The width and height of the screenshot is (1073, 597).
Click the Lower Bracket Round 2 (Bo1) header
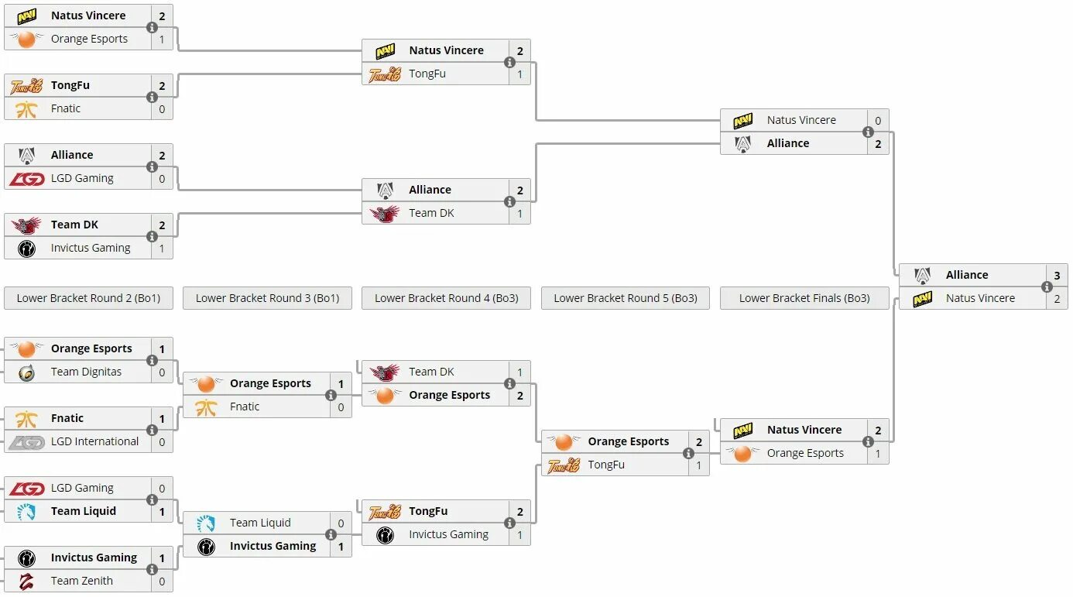88,298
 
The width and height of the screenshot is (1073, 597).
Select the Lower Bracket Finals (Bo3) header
804,298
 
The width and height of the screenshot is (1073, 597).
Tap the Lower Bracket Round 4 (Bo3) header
446,298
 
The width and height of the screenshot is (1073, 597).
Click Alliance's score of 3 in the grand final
1057,275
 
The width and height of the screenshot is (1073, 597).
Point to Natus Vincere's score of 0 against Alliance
878,120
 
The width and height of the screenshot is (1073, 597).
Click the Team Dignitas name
86,372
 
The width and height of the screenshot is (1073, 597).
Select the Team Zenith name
81,581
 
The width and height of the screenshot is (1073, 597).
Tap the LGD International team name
94,441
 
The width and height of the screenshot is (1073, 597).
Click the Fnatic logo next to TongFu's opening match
26,108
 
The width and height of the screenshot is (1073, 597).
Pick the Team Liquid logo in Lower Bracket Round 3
206,523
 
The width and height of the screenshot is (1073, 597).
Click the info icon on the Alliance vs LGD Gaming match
152,166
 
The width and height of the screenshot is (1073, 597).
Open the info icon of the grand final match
1047,286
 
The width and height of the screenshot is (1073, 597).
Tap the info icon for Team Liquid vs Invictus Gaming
331,534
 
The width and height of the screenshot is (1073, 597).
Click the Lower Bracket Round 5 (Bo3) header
626,298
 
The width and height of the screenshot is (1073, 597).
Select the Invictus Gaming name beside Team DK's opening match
90,248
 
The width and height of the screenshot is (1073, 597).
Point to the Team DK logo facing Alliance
385,213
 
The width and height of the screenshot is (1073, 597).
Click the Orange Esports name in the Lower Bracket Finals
805,453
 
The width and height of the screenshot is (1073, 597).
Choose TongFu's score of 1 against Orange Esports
698,465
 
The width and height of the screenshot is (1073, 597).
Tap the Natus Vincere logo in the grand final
922,298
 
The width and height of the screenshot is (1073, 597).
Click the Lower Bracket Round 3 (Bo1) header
267,298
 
